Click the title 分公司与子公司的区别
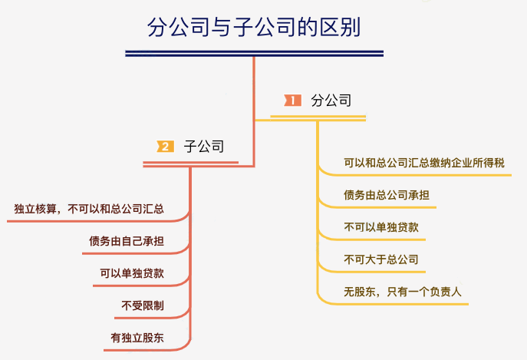pyautogui.click(x=253, y=28)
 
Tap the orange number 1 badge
pyautogui.click(x=292, y=100)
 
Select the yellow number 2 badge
pyautogui.click(x=165, y=146)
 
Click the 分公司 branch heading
pyautogui.click(x=331, y=100)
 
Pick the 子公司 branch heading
pyautogui.click(x=204, y=146)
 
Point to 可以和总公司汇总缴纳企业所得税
pyautogui.click(x=423, y=163)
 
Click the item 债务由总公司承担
pyautogui.click(x=386, y=195)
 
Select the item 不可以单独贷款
pyautogui.click(x=380, y=227)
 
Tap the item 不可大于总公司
pyautogui.click(x=380, y=259)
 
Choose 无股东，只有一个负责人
pyautogui.click(x=402, y=292)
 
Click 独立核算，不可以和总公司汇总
pyautogui.click(x=89, y=209)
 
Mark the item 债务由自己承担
pyautogui.click(x=127, y=241)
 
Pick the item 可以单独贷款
pyautogui.click(x=132, y=273)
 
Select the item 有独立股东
pyautogui.click(x=137, y=338)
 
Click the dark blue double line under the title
pyautogui.click(x=254, y=53)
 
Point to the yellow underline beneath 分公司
pyautogui.click(x=318, y=117)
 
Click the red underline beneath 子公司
pyautogui.click(x=191, y=163)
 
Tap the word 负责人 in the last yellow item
pyautogui.click(x=444, y=292)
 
